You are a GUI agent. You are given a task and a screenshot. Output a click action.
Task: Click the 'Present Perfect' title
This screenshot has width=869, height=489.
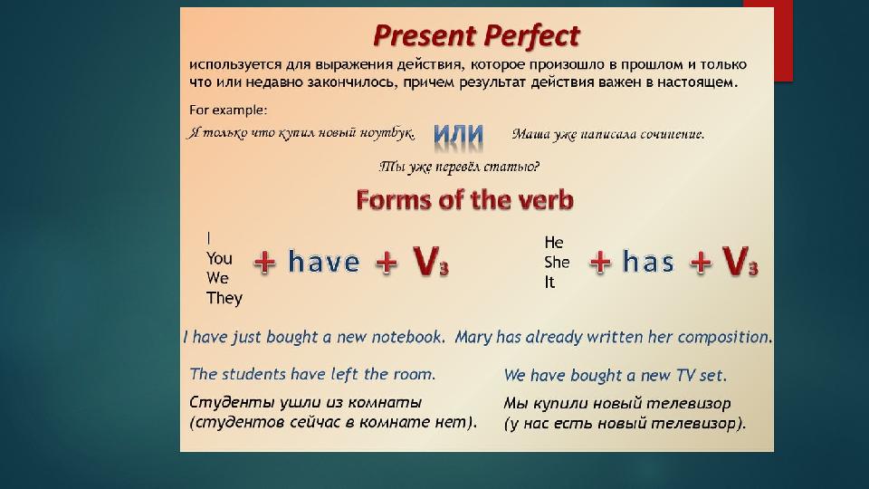(x=476, y=36)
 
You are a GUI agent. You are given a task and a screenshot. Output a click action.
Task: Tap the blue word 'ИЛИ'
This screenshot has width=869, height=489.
(x=458, y=135)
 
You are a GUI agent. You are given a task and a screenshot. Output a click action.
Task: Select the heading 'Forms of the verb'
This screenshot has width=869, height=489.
(x=464, y=199)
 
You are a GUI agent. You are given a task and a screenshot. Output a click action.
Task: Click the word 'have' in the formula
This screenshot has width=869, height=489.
(x=324, y=263)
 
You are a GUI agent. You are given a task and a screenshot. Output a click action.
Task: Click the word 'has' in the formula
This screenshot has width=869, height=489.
(x=648, y=263)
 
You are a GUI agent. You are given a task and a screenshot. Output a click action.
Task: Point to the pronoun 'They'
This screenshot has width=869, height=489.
(x=224, y=298)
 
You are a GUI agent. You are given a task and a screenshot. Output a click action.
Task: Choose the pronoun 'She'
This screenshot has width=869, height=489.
(x=557, y=262)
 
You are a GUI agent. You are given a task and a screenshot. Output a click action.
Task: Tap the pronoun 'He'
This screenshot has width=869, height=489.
(x=553, y=243)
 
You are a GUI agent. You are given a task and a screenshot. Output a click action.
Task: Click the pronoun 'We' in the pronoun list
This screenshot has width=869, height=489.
(x=218, y=277)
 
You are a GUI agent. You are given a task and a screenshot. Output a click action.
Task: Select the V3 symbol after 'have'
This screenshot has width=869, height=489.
(x=430, y=263)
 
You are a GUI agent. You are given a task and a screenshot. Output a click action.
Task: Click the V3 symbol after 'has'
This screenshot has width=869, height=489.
(x=740, y=263)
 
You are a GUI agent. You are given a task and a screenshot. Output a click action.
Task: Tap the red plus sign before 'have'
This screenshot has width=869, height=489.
(x=265, y=264)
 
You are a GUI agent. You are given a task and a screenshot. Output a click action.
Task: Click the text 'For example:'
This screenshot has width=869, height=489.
(x=228, y=110)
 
